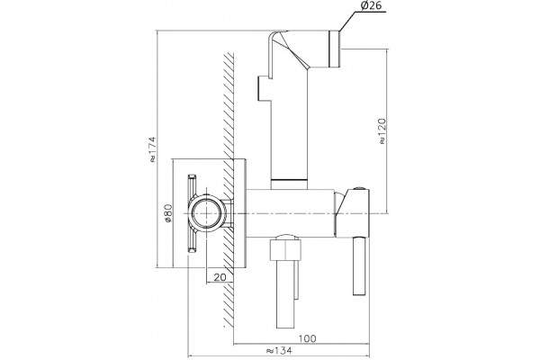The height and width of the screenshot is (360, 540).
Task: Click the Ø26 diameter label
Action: click(371, 6)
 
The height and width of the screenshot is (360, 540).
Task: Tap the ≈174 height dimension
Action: click(152, 149)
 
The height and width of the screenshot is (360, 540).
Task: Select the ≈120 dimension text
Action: click(382, 131)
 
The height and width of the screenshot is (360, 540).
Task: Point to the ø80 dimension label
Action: click(167, 213)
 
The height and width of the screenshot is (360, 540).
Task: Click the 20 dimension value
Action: click(220, 277)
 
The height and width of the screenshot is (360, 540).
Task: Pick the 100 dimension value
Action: click(307, 338)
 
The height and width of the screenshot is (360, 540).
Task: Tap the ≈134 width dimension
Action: click(279, 351)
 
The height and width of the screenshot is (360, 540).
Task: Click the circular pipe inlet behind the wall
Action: click(207, 213)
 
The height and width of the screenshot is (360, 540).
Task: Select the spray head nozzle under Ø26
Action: click(335, 49)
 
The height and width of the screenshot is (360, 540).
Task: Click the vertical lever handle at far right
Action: click(358, 266)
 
